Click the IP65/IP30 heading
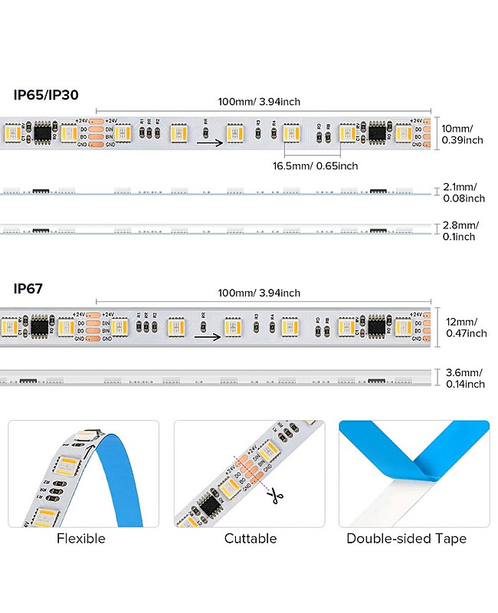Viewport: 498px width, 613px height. click(46, 95)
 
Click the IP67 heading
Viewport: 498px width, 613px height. click(28, 288)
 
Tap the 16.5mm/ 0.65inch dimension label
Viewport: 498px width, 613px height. click(315, 166)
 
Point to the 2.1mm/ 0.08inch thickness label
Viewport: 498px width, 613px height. click(464, 192)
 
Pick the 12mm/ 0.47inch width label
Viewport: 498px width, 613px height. click(465, 327)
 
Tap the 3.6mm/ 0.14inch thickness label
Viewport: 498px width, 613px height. click(464, 379)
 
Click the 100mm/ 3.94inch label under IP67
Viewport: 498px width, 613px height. click(259, 293)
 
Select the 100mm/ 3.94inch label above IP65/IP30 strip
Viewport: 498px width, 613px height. click(259, 101)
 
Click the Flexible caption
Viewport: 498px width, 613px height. click(80, 539)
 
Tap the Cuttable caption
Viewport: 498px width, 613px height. click(251, 539)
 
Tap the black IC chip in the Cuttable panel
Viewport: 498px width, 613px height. click(207, 506)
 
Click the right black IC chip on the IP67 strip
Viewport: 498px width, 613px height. click(376, 327)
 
